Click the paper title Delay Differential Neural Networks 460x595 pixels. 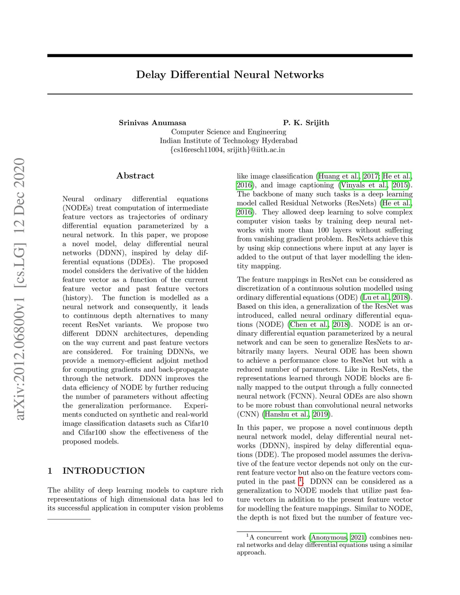[230, 75]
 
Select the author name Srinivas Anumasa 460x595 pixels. [152, 123]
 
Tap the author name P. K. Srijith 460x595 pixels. [306, 123]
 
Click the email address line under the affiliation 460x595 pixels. [228, 150]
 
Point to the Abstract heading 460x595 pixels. [135, 176]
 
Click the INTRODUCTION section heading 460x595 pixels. [103, 471]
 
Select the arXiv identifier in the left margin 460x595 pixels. [19, 289]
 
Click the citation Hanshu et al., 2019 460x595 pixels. [296, 414]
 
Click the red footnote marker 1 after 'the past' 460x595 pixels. [301, 481]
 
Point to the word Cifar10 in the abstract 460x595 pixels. [195, 423]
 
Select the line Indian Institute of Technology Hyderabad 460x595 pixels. [228, 141]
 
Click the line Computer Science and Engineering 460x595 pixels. [228, 132]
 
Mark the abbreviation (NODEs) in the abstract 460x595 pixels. [78, 208]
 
